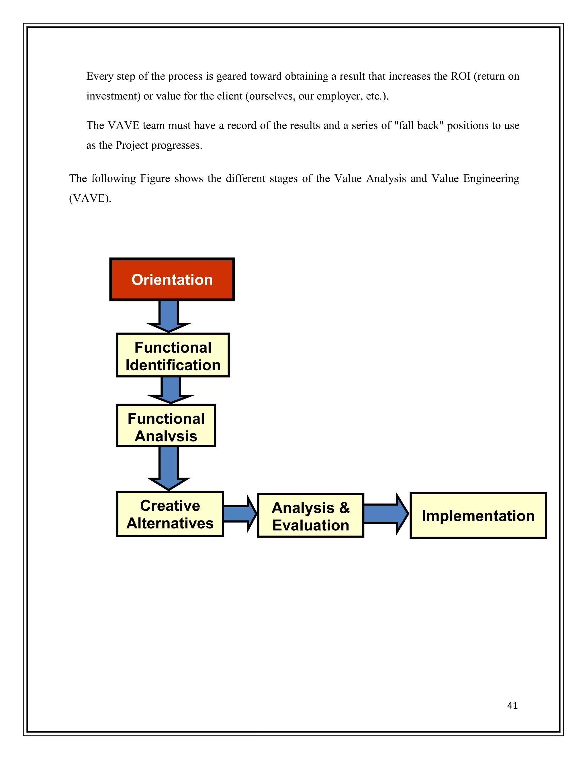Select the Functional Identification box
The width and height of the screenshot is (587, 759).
[173, 355]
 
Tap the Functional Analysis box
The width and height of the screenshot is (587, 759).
[166, 425]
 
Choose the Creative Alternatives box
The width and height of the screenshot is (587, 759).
[170, 514]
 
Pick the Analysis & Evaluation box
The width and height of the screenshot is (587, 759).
[310, 516]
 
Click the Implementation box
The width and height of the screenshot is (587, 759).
[478, 516]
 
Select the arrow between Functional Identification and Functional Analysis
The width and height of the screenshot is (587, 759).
[171, 390]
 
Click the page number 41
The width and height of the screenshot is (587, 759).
[512, 705]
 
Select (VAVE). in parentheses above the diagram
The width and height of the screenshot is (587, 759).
[90, 198]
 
